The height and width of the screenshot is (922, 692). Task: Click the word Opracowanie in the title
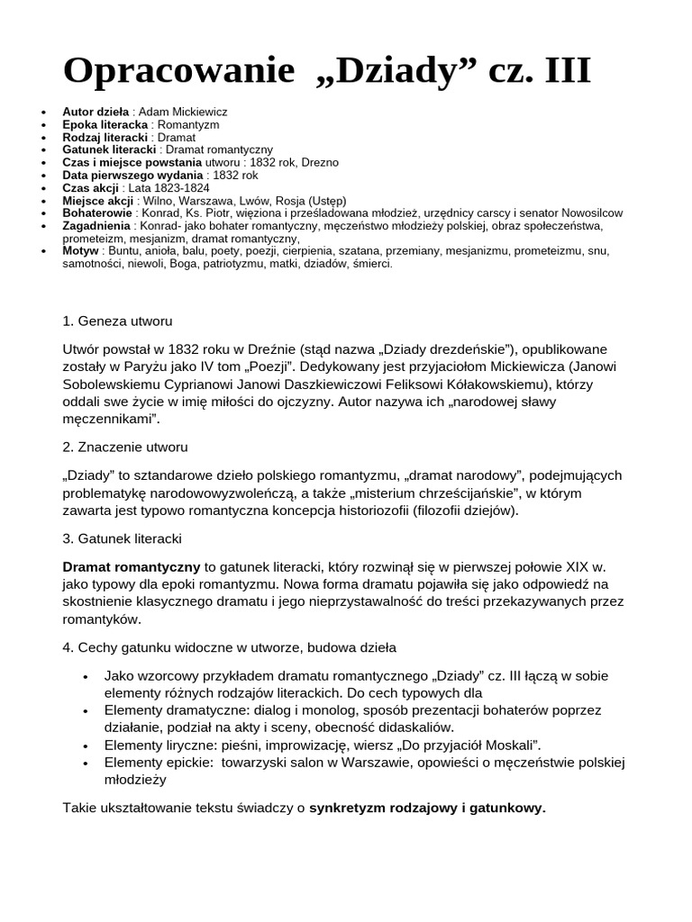pyautogui.click(x=178, y=71)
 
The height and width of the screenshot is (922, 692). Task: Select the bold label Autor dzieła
pyautogui.click(x=95, y=112)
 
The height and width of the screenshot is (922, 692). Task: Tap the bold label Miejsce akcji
pyautogui.click(x=97, y=200)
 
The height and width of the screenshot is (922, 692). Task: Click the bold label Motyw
pyautogui.click(x=80, y=250)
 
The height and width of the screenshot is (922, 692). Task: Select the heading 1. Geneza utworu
pyautogui.click(x=117, y=321)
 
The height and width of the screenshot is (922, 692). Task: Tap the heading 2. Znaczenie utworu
pyautogui.click(x=125, y=447)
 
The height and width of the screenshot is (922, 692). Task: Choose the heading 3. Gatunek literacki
pyautogui.click(x=123, y=538)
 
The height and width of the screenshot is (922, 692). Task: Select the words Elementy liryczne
pyautogui.click(x=158, y=745)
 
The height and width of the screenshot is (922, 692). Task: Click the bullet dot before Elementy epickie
pyautogui.click(x=85, y=764)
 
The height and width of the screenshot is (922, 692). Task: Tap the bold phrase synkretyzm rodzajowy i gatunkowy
pyautogui.click(x=427, y=808)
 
